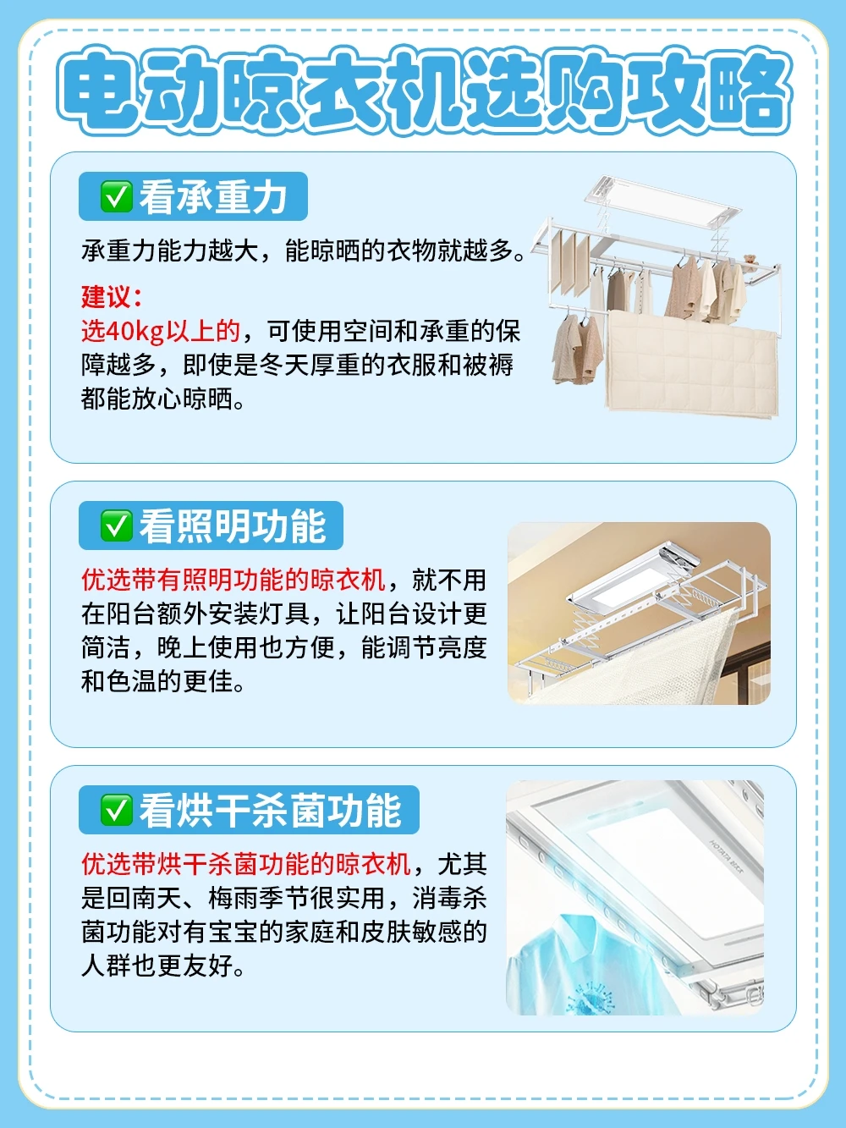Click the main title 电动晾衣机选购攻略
[425, 91]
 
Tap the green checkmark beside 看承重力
[117, 196]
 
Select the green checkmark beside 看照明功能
[117, 525]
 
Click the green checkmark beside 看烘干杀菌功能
[117, 810]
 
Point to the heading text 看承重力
[213, 197]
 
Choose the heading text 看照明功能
[232, 526]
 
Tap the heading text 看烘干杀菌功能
[270, 811]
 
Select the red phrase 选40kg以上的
[161, 332]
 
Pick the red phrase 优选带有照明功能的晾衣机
[233, 581]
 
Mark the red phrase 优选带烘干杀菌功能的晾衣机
[246, 864]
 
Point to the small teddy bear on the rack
[750, 263]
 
